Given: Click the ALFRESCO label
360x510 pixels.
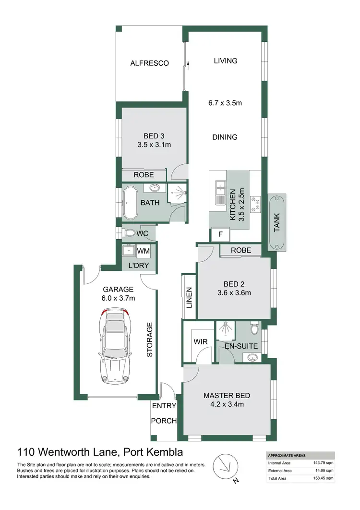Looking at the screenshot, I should [x=150, y=63].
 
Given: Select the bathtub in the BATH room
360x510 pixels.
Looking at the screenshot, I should [x=130, y=203].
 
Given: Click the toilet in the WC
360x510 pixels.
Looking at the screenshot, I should [x=129, y=233].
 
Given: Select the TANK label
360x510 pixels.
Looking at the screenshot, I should [x=276, y=222].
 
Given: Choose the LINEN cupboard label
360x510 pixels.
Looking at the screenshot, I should [x=189, y=297].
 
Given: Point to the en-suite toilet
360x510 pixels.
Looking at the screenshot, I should [x=254, y=328].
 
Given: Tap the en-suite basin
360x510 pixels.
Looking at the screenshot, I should [x=252, y=357].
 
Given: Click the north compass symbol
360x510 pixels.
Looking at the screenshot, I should [x=224, y=464].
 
